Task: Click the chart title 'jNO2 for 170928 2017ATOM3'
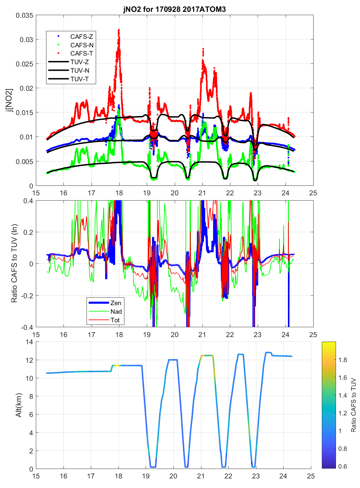174,9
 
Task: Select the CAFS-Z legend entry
82,37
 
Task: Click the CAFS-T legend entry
82,53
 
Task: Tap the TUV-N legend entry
80,70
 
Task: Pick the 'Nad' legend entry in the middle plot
116,311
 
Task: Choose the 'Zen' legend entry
116,303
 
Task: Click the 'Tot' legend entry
115,320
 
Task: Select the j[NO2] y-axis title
10,100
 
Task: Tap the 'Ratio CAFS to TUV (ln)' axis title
14,263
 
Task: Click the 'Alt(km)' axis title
18,405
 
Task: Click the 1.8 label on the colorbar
343,360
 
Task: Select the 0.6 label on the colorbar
343,466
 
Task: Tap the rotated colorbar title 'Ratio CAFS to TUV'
354,405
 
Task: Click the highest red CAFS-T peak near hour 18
119,30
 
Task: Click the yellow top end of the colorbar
329,344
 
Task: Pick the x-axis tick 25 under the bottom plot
311,476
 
